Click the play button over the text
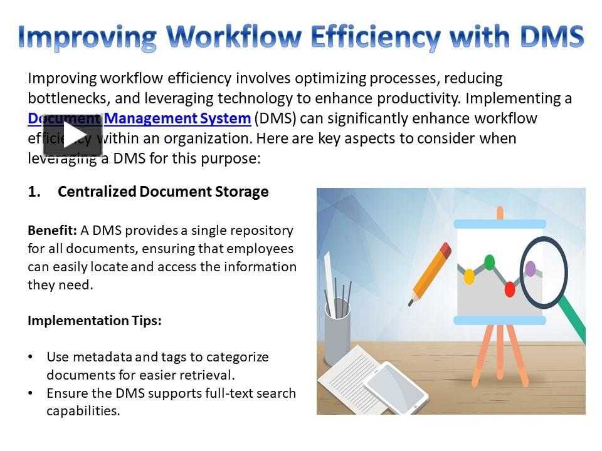pyautogui.click(x=72, y=135)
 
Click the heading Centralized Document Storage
pyautogui.click(x=163, y=192)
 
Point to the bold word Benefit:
pyautogui.click(x=52, y=230)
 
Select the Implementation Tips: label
pyautogui.click(x=95, y=321)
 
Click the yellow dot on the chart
pyautogui.click(x=469, y=276)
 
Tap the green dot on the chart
pyautogui.click(x=490, y=262)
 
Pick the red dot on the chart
pyautogui.click(x=510, y=289)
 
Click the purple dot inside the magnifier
pyautogui.click(x=531, y=269)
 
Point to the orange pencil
pyautogui.click(x=430, y=273)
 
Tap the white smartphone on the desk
pyautogui.click(x=395, y=385)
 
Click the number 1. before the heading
pyautogui.click(x=34, y=192)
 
